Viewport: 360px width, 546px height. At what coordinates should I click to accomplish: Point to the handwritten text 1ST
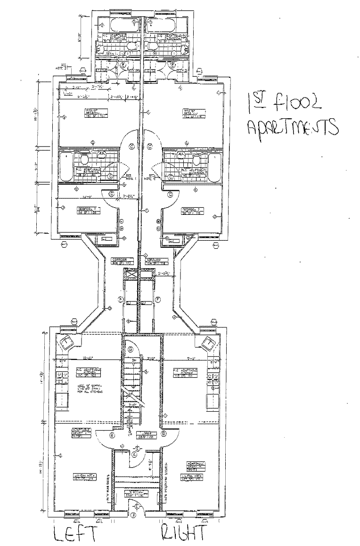[x=256, y=101]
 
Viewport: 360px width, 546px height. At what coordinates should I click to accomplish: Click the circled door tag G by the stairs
[x=130, y=349]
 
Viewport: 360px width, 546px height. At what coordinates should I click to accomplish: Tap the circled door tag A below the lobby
[x=135, y=455]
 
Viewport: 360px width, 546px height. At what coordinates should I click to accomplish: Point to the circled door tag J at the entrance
[x=133, y=515]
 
